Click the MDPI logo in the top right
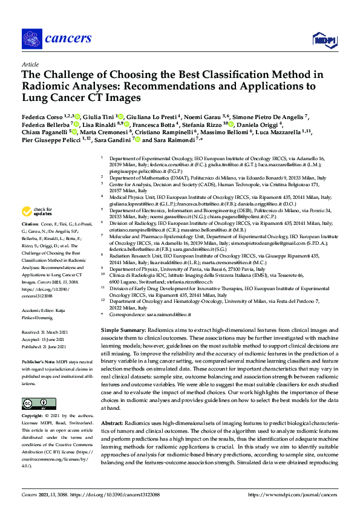[x=324, y=40]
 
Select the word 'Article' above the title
[x=30, y=64]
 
